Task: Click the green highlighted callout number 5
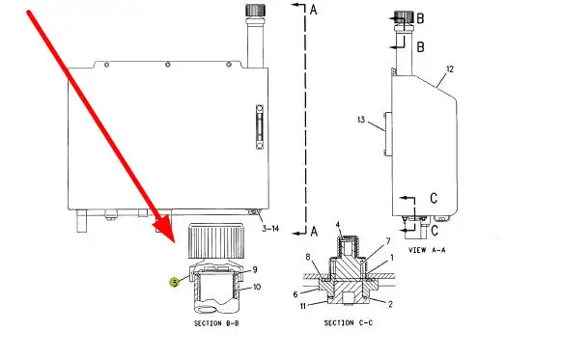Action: tap(174, 283)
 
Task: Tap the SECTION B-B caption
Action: tap(216, 323)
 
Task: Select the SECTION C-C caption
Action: tap(349, 323)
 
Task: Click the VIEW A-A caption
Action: tap(427, 250)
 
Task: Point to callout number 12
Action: tap(450, 69)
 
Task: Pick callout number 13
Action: tap(361, 119)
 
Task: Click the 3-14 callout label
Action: tap(270, 229)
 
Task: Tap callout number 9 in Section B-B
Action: tap(255, 269)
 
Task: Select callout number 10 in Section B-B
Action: tap(257, 287)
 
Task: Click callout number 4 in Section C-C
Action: tap(338, 225)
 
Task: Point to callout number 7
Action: tap(388, 241)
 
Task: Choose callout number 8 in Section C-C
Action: tap(308, 257)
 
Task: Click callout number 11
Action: tap(303, 306)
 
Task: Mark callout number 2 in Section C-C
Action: tap(390, 304)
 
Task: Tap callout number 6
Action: tap(296, 294)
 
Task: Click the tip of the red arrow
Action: tap(174, 242)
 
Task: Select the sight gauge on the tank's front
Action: tap(260, 126)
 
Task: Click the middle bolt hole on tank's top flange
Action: tap(167, 65)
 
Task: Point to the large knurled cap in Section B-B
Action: tap(215, 241)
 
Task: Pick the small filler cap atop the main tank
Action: tap(255, 10)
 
